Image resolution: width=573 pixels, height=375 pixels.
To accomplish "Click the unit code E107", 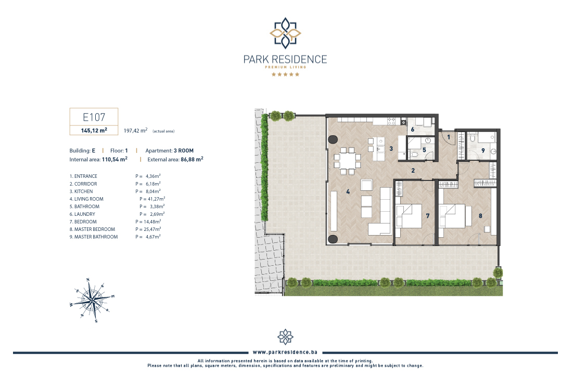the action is click(94, 117).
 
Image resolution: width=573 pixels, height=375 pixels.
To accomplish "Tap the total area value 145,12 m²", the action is click(94, 131).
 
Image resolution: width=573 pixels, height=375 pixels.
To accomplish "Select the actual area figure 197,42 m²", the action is click(135, 131).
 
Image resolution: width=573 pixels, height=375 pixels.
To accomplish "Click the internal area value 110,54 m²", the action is click(114, 159).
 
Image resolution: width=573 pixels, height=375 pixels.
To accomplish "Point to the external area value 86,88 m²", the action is click(192, 159).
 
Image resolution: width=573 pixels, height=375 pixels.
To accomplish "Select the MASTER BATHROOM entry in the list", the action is click(94, 237).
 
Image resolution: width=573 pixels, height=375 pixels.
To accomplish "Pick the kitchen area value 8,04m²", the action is click(153, 191).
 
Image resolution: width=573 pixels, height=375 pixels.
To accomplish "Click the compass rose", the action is click(93, 300).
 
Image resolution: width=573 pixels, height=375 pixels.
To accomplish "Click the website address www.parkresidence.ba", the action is click(285, 352).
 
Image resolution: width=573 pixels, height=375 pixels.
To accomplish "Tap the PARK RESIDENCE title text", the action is click(285, 59).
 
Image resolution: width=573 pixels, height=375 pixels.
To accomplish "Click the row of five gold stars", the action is click(285, 74).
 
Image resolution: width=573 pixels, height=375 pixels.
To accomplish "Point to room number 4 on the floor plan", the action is click(348, 191).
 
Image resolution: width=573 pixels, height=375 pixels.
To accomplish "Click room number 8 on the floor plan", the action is click(480, 216).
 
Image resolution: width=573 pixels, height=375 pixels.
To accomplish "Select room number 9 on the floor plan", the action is click(483, 150).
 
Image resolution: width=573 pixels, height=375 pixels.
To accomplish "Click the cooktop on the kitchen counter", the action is click(391, 121).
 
